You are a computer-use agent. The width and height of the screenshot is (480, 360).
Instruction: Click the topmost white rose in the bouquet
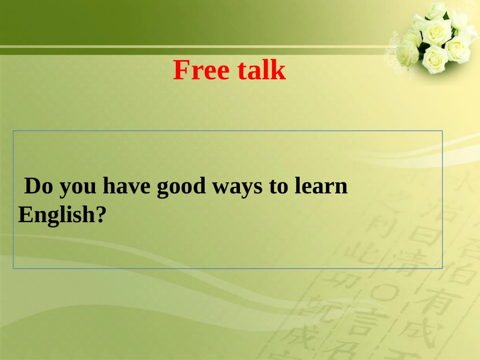[437, 10]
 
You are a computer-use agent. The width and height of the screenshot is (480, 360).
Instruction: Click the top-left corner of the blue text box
[14, 131]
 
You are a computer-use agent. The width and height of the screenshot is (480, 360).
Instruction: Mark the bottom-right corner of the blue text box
[442, 268]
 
